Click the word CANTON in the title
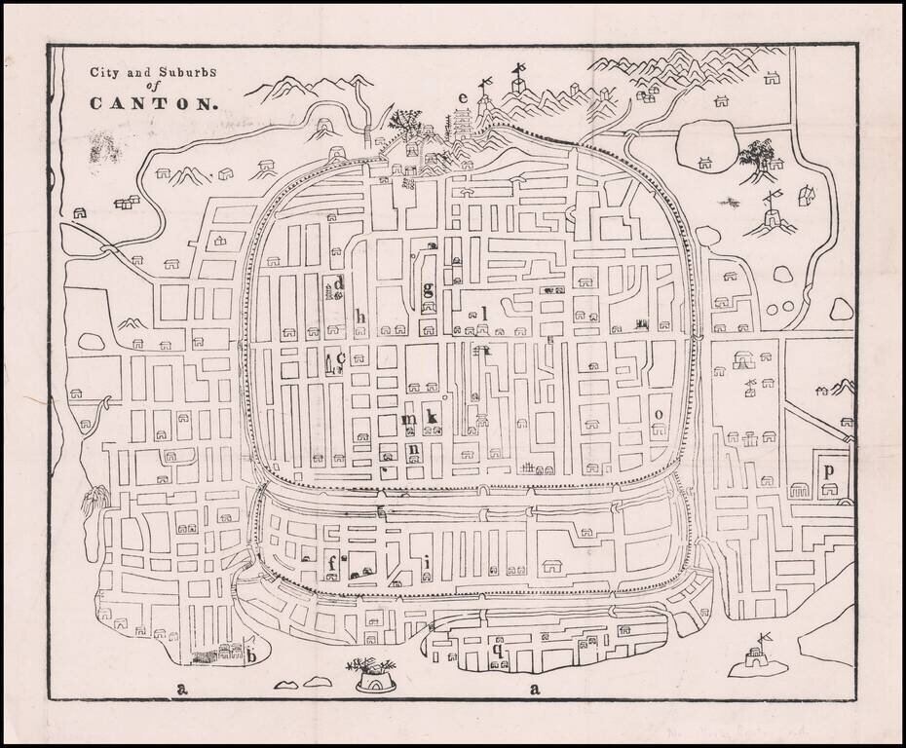coord(153,102)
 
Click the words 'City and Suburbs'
coord(153,70)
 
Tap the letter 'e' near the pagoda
coord(464,97)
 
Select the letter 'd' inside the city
coord(339,283)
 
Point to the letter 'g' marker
coord(428,288)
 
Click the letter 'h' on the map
coord(360,316)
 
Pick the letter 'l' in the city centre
coord(483,313)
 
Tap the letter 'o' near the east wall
coord(659,414)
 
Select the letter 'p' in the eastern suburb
coord(828,470)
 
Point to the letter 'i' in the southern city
coord(426,563)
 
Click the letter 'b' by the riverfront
coord(251,654)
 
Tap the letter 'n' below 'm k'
coord(414,450)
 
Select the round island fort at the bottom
coord(373,675)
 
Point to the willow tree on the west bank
coord(94,506)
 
